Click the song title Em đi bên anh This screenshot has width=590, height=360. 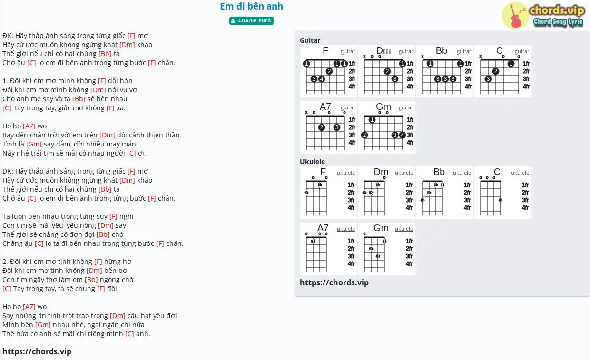[x=251, y=6]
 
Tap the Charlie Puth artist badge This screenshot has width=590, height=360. [x=251, y=20]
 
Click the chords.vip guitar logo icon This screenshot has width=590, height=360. [x=515, y=15]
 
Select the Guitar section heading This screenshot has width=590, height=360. [x=310, y=40]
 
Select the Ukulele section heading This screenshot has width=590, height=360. [x=312, y=161]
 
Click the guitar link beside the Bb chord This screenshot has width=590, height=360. [x=463, y=52]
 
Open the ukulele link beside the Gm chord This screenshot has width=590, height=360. [x=404, y=229]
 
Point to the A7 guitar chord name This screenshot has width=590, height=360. [x=325, y=107]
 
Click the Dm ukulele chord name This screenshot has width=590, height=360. [x=381, y=172]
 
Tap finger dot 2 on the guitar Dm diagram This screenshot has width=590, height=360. [x=387, y=71]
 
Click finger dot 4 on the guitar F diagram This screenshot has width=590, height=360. [x=321, y=79]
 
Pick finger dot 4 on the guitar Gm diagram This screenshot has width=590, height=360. [x=402, y=135]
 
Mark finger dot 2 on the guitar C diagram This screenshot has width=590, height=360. [x=495, y=71]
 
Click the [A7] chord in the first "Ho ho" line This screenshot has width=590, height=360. [x=29, y=126]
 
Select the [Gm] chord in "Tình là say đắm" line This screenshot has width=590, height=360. [x=34, y=144]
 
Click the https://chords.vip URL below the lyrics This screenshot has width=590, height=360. [x=37, y=351]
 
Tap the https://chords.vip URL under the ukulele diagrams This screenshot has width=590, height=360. [x=334, y=282]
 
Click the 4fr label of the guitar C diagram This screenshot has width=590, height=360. [x=526, y=87]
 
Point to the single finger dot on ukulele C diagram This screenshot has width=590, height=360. [x=500, y=200]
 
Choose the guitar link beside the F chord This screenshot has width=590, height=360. [x=348, y=52]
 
